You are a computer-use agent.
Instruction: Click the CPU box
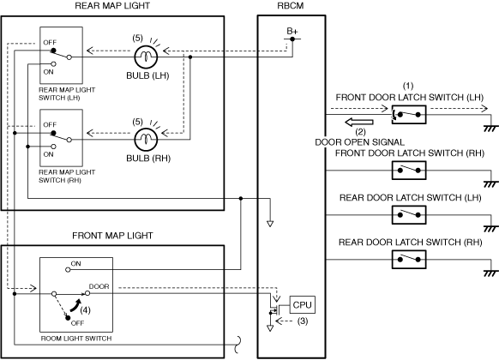click(303, 304)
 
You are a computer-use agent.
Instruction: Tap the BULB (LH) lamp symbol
click(146, 57)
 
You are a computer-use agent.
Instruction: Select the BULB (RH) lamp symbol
click(146, 140)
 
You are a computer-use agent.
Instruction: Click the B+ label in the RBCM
click(292, 31)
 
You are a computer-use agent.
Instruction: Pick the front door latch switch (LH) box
click(409, 115)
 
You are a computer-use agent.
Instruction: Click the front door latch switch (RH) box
click(409, 170)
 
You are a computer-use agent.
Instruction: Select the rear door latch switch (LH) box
click(409, 214)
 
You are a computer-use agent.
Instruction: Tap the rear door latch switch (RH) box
click(409, 259)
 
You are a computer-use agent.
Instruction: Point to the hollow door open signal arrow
click(359, 122)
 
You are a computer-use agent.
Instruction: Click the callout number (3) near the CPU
click(303, 321)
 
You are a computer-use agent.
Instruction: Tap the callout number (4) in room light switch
click(85, 309)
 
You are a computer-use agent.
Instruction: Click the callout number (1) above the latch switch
click(408, 86)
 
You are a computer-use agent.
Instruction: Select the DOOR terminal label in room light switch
click(99, 286)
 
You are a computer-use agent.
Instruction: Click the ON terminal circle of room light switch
click(68, 270)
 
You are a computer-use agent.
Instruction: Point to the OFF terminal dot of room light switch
click(68, 317)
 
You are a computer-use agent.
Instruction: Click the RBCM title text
click(291, 6)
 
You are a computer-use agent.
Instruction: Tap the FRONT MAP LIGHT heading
click(112, 236)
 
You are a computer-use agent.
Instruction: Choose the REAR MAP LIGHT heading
click(112, 6)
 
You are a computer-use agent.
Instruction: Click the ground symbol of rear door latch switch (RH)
click(490, 273)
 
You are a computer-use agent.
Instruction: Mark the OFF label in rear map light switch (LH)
click(50, 42)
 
